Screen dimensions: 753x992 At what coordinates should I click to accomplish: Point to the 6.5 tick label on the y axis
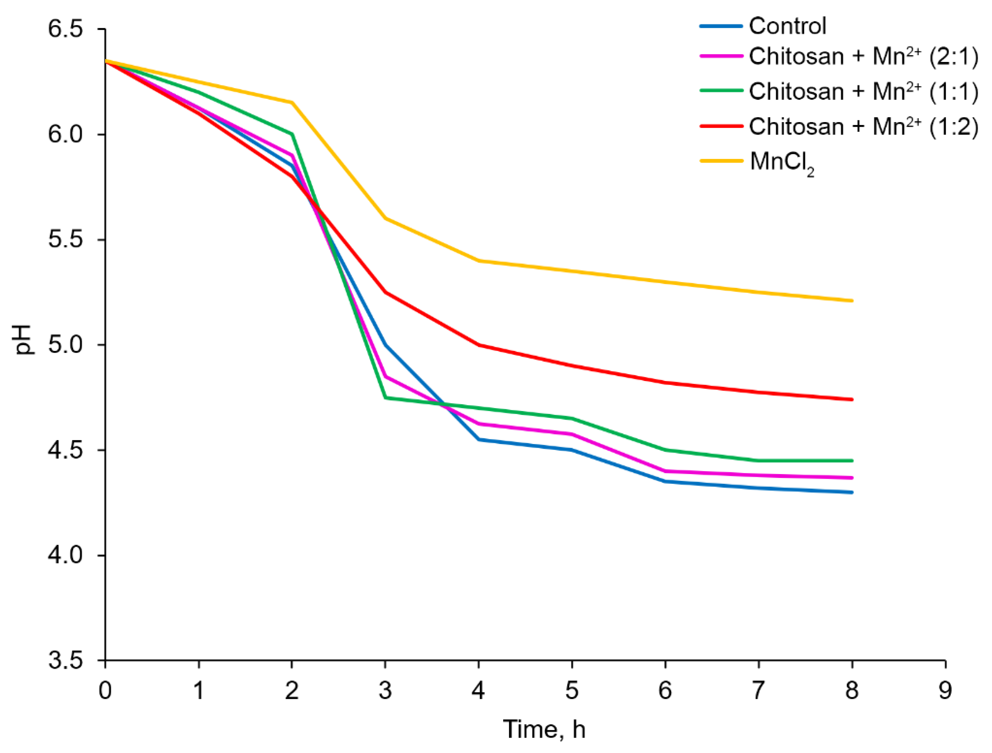point(66,29)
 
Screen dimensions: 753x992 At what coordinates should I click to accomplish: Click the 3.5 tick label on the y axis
point(66,661)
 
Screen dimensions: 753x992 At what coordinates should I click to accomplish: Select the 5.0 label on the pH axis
point(66,345)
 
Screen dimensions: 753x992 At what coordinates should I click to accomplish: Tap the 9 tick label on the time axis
point(945,691)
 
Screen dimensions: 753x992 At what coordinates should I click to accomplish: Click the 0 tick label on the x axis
point(105,691)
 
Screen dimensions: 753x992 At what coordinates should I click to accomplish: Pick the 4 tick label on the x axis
point(478,691)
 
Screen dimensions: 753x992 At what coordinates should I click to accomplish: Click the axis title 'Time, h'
point(544,729)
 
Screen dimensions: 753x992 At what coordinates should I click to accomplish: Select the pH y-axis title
point(23,340)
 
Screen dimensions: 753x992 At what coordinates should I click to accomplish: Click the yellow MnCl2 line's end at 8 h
point(852,301)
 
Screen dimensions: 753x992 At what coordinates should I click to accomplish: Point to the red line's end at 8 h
point(852,399)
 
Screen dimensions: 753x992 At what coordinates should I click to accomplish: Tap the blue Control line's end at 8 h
point(852,492)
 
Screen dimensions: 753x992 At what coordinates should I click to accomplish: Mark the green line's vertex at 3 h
point(385,397)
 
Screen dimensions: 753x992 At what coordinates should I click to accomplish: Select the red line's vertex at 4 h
point(479,345)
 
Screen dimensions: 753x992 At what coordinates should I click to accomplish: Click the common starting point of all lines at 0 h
point(106,61)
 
